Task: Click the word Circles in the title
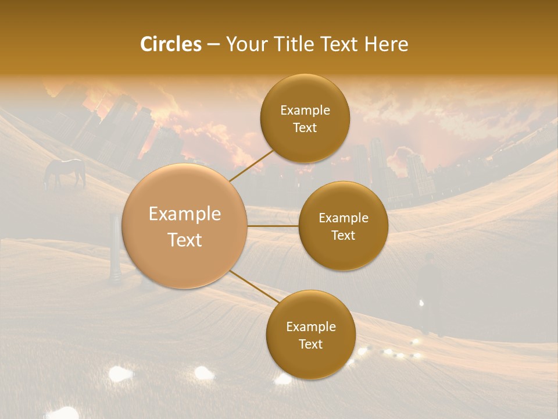tap(170, 44)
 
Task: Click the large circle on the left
tap(185, 226)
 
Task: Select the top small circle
tap(305, 119)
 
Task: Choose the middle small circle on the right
tap(343, 226)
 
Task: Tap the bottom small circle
tap(310, 335)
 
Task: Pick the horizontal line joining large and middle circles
tap(273, 226)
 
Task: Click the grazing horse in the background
tap(65, 172)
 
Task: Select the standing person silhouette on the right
tap(429, 291)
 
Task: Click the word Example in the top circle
tap(305, 110)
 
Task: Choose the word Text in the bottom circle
tap(310, 344)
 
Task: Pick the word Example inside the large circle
tap(185, 214)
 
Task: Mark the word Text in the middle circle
tap(343, 235)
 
